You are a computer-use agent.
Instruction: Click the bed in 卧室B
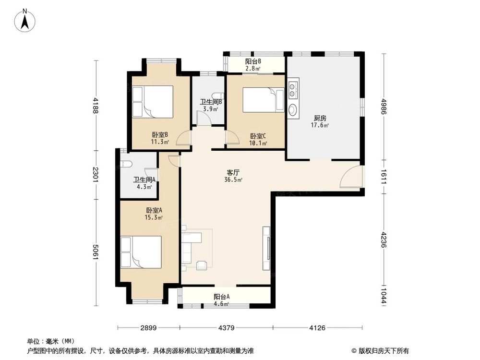(x=152, y=101)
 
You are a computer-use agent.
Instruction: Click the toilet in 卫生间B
(x=217, y=96)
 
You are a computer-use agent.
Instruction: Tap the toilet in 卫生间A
(x=126, y=164)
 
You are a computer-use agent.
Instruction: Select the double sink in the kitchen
(x=293, y=91)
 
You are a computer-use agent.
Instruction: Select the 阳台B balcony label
(x=253, y=61)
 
